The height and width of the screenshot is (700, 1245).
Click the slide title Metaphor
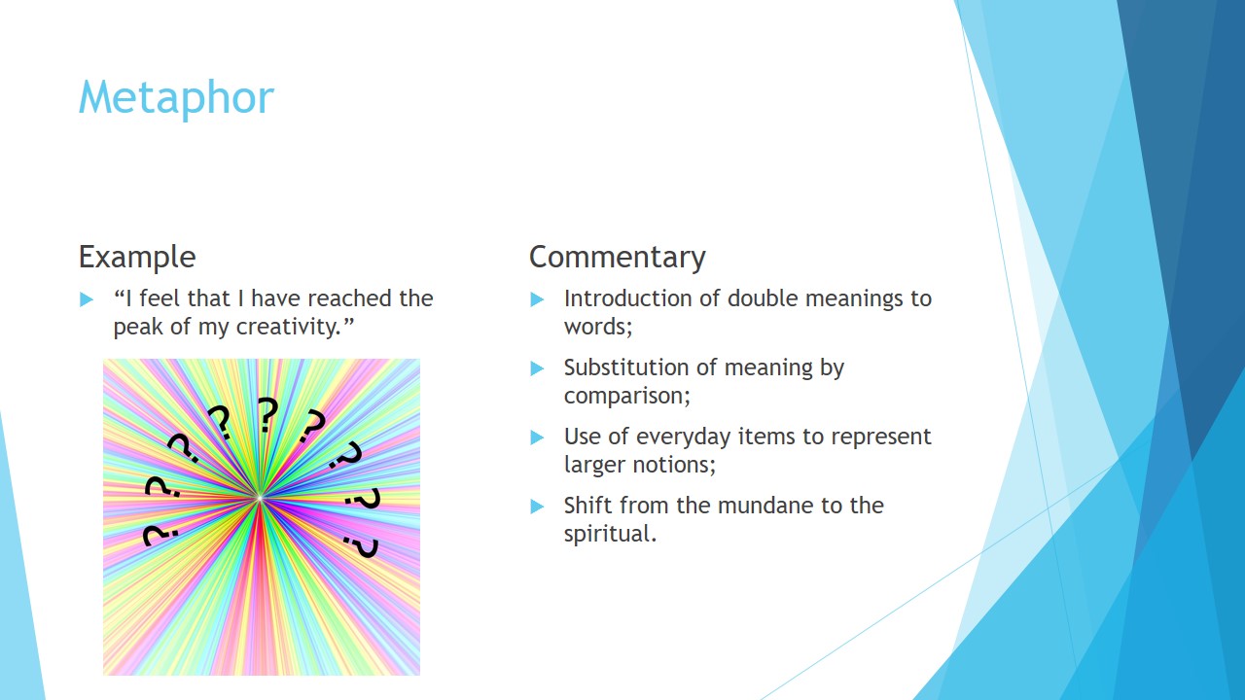176,98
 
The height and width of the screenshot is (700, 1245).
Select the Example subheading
137,258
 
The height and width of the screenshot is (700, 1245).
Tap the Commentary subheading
618,258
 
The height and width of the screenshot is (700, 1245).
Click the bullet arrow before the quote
87,299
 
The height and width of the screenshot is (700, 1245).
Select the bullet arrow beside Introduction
537,299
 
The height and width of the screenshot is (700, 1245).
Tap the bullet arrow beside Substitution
537,368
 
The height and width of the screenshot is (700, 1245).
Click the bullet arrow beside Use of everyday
537,437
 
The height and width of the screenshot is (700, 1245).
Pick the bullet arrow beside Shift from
537,507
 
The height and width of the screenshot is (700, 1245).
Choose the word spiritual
610,535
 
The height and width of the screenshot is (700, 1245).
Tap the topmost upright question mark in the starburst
267,414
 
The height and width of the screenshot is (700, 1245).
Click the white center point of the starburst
259,499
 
